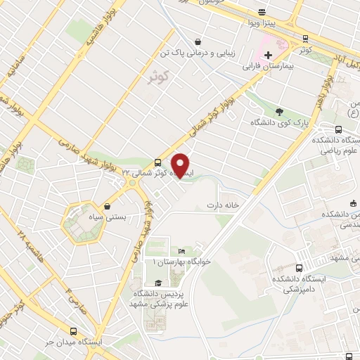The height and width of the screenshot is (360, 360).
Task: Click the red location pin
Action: click(181, 166)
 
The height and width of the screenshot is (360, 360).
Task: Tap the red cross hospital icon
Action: click(269, 55)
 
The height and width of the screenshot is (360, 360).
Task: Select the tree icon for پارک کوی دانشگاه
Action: click(280, 110)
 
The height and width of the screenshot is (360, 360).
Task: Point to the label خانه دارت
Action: click(223, 205)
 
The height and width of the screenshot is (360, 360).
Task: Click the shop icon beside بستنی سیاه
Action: click(107, 207)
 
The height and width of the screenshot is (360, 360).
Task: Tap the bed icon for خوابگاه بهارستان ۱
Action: click(181, 251)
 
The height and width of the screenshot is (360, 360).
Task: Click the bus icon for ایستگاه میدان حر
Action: click(74, 330)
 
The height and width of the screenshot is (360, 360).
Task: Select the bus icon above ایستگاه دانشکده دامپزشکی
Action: click(300, 268)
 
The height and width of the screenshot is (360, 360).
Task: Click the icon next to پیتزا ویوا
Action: click(262, 12)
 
